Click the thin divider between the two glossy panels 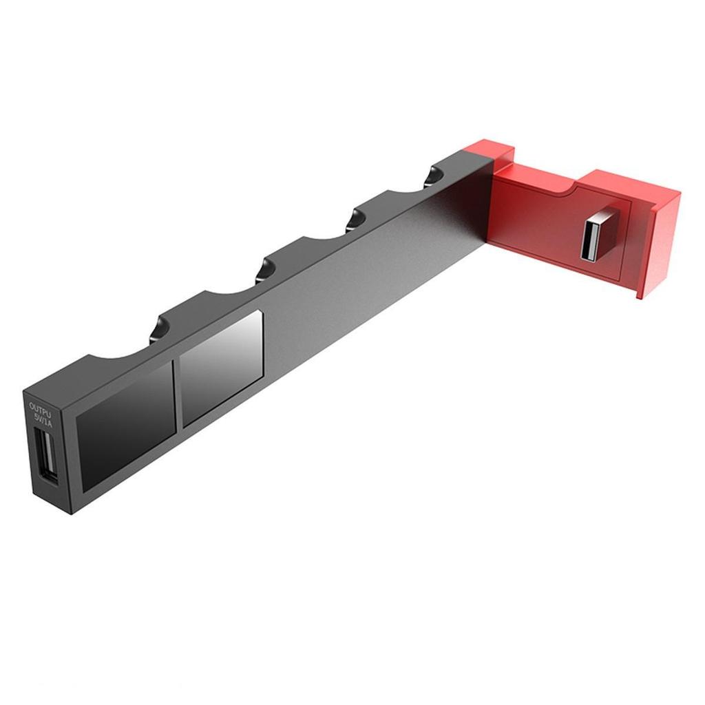click(x=177, y=397)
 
